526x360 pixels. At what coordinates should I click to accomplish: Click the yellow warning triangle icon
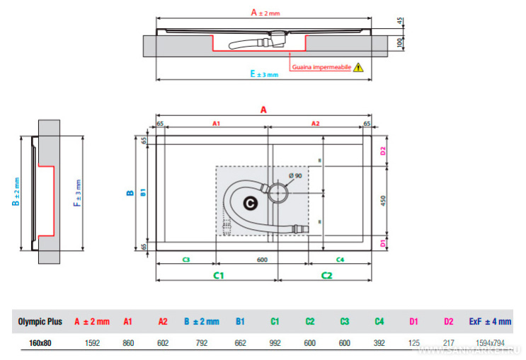coord(358,68)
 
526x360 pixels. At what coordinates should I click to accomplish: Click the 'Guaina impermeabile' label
coord(321,68)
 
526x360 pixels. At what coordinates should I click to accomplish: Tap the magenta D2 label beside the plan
coord(383,151)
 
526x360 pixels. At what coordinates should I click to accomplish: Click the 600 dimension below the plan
coord(261,260)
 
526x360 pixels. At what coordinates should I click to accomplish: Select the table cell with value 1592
coord(92,343)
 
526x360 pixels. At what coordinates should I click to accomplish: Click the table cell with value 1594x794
coord(490,343)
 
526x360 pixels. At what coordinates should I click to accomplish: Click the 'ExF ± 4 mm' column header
coord(490,321)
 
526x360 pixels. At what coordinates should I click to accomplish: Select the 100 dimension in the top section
coord(399,43)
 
